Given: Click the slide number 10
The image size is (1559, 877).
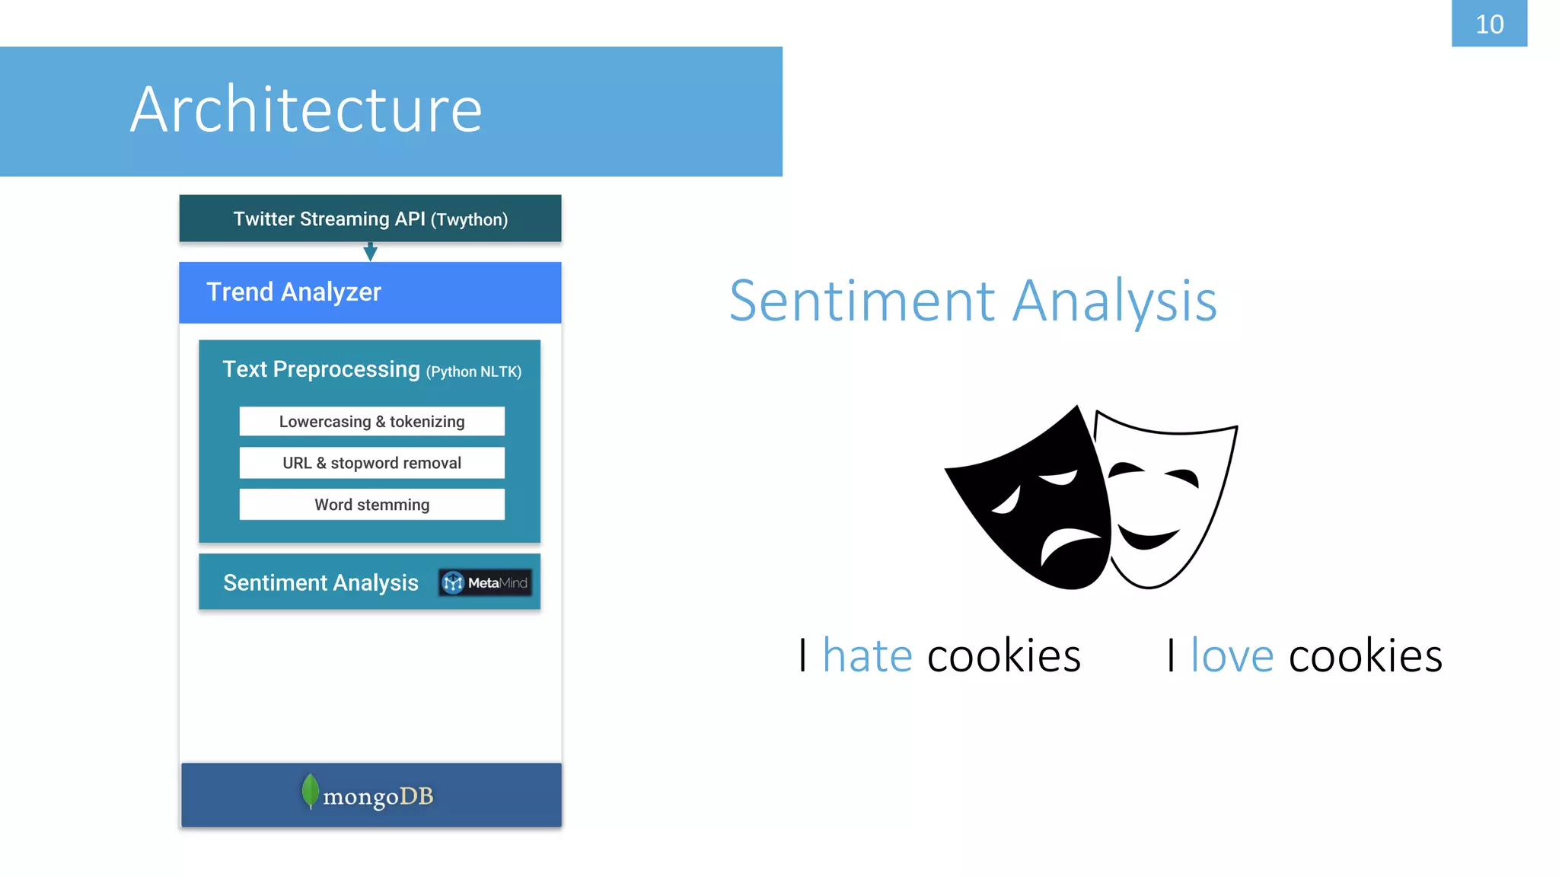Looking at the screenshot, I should point(1489,24).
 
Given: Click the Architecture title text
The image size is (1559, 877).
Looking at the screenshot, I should point(306,110).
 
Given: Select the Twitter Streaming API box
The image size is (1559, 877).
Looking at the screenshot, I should point(370,218).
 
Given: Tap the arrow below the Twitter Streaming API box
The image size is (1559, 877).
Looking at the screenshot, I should point(370,252).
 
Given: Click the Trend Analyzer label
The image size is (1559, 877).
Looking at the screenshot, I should point(294,292).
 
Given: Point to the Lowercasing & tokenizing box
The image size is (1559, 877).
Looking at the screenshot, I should point(371,422).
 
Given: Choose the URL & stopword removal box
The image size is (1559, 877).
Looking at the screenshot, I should point(371,463).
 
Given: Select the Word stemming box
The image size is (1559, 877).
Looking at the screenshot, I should point(371,505).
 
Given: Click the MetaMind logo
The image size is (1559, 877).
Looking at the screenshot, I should point(485,583).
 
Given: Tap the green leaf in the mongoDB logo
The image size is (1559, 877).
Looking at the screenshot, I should point(310,792).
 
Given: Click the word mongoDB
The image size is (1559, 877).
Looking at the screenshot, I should point(378,796).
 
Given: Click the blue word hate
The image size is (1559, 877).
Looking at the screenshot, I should point(867,655).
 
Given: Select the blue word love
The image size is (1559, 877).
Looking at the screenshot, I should point(1232,655).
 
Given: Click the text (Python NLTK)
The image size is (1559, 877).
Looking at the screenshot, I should point(473,372).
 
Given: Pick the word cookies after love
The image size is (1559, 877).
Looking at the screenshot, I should point(1365,655).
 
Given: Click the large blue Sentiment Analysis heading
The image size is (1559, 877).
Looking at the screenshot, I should point(973,301).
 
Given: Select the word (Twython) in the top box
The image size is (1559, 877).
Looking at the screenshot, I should point(469,220).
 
